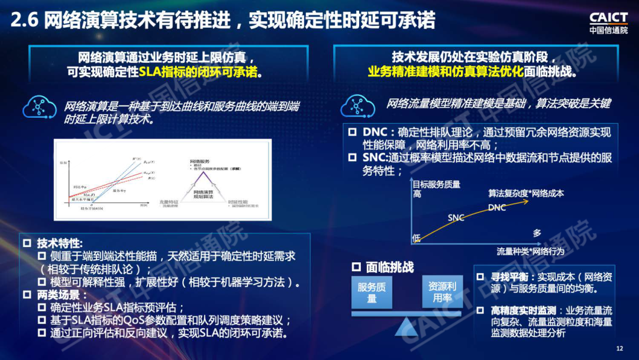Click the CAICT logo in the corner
click(x=608, y=23)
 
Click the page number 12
click(x=620, y=348)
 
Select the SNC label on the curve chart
click(x=456, y=218)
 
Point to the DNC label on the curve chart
click(x=497, y=207)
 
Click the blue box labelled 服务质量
click(x=372, y=292)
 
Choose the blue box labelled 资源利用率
click(x=442, y=292)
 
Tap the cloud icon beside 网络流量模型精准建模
click(x=358, y=105)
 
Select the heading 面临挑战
click(x=390, y=267)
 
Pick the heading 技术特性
click(x=60, y=243)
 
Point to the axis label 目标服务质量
click(x=436, y=184)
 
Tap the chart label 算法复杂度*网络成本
click(x=526, y=194)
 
